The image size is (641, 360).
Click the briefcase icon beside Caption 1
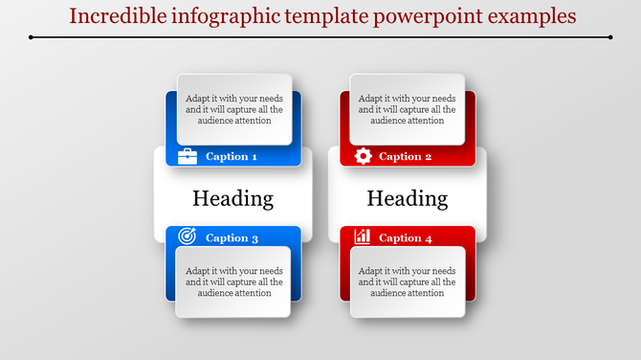(188, 156)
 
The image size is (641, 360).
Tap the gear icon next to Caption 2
(363, 156)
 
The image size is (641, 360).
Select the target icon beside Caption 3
(188, 236)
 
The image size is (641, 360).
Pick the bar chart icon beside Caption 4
(363, 236)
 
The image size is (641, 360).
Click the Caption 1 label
(232, 156)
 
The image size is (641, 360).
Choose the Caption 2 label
(406, 156)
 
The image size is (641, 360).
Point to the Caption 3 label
(232, 237)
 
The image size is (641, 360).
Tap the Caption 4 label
(406, 237)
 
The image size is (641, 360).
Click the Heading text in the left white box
(232, 198)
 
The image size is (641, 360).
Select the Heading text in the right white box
(408, 198)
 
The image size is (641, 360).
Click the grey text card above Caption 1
(234, 108)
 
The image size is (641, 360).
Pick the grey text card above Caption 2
(408, 108)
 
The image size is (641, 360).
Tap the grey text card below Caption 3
(234, 281)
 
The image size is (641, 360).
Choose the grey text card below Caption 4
(408, 281)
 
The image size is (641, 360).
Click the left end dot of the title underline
(31, 37)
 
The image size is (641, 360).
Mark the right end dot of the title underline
(610, 37)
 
